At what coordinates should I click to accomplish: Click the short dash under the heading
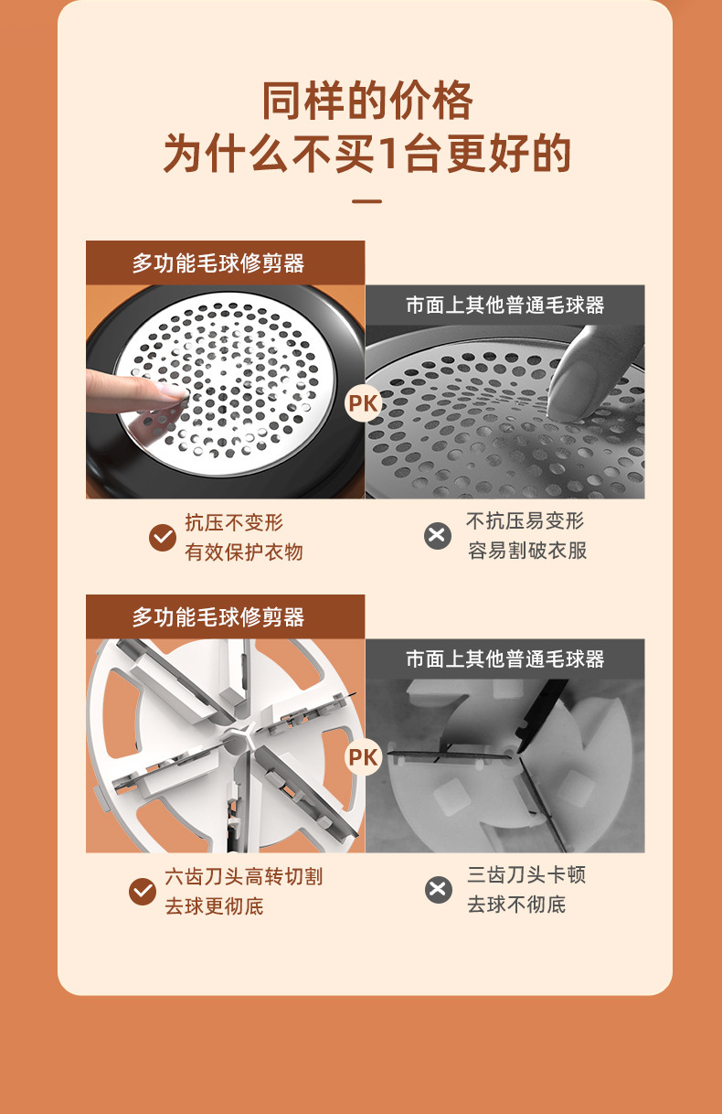(x=366, y=201)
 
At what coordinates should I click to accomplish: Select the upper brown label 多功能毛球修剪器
(x=218, y=263)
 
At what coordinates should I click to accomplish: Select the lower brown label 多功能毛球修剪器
(x=218, y=617)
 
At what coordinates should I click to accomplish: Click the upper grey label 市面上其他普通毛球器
(x=505, y=305)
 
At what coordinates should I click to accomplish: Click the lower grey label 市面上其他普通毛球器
(x=505, y=659)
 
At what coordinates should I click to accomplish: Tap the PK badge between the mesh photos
(x=364, y=403)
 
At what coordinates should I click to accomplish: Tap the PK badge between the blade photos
(x=364, y=757)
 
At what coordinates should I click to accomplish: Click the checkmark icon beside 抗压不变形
(x=163, y=537)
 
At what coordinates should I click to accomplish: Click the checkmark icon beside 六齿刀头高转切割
(x=143, y=891)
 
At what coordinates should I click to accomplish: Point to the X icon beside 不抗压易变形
(x=438, y=535)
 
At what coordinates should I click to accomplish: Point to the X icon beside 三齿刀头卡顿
(x=439, y=889)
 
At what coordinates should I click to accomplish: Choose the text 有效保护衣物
(x=244, y=552)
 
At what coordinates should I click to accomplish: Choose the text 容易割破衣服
(x=527, y=551)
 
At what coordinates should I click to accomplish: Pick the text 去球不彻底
(x=516, y=905)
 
